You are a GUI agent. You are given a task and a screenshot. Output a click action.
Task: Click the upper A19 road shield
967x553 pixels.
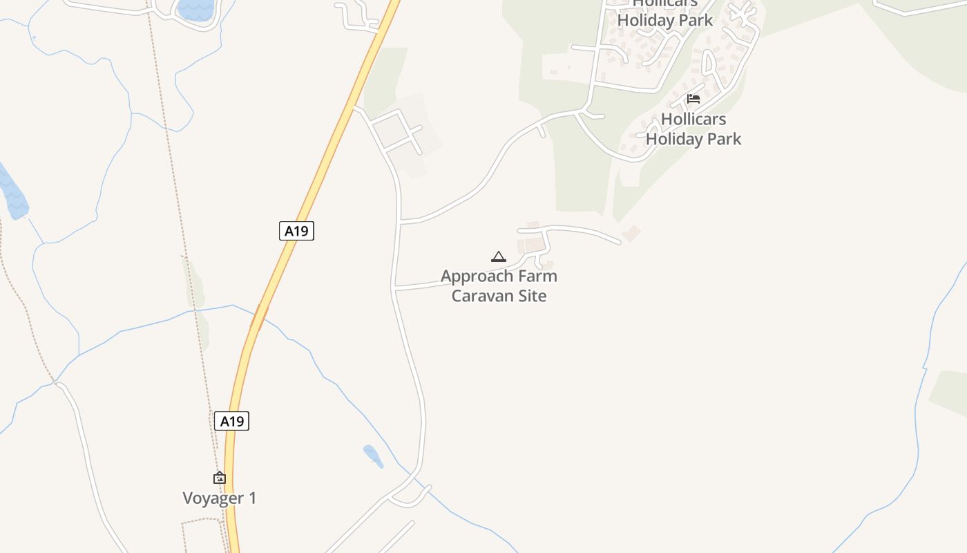[x=296, y=231]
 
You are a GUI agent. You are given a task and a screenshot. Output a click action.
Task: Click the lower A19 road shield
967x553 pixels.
[x=231, y=421]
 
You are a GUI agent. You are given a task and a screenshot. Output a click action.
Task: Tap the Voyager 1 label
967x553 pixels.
[x=219, y=498]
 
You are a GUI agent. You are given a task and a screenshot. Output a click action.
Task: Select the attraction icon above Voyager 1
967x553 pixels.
[x=219, y=477]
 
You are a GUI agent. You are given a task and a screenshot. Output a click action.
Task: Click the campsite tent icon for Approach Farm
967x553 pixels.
[x=498, y=256]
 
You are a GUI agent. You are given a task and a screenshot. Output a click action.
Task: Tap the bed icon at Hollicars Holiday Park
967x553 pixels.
[x=693, y=99]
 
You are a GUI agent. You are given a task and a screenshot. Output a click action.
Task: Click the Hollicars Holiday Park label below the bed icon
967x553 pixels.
[x=693, y=129]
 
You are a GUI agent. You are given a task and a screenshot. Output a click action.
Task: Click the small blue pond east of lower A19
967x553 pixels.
[x=373, y=456]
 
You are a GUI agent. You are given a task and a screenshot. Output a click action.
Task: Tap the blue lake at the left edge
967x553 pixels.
[x=12, y=194]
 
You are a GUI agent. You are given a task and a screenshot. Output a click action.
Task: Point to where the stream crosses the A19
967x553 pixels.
[x=259, y=317]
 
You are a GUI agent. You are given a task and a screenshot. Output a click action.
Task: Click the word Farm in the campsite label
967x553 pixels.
[x=539, y=276]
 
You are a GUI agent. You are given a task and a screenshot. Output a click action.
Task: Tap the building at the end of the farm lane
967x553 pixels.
[x=631, y=234]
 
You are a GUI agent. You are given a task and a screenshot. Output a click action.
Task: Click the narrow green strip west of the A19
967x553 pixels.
[x=195, y=283]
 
